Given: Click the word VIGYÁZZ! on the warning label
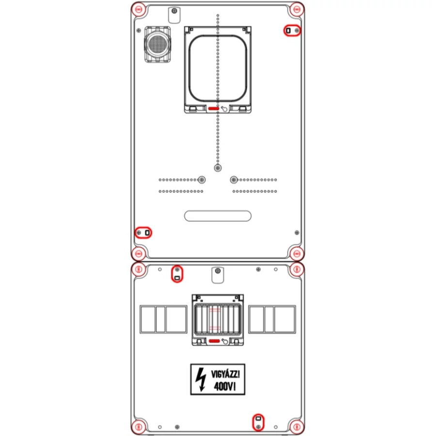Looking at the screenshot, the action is [225, 374].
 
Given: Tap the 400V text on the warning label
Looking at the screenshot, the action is [225, 386].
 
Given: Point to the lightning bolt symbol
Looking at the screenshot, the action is [201, 379].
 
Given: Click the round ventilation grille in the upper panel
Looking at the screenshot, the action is [157, 44].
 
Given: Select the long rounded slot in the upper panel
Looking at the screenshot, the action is [218, 216].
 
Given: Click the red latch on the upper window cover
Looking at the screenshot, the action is [214, 109].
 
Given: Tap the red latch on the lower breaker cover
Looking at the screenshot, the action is [214, 341].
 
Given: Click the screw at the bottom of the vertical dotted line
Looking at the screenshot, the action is [218, 168].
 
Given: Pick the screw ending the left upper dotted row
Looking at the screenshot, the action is [202, 180].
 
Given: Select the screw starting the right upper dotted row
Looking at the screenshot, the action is [234, 180].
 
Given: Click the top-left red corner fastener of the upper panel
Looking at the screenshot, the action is [138, 10].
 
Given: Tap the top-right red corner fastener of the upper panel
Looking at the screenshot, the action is [296, 10].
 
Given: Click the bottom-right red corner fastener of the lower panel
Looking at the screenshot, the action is [296, 426].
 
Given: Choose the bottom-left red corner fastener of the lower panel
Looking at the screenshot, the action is [138, 426].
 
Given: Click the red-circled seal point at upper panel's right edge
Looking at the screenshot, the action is [292, 31].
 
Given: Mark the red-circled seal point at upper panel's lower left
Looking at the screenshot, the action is [143, 233].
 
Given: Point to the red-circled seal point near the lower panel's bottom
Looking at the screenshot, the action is [258, 422].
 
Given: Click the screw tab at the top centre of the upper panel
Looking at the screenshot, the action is [174, 15].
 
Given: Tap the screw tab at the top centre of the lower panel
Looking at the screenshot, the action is [218, 275].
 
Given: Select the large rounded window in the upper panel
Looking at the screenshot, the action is [218, 68].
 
